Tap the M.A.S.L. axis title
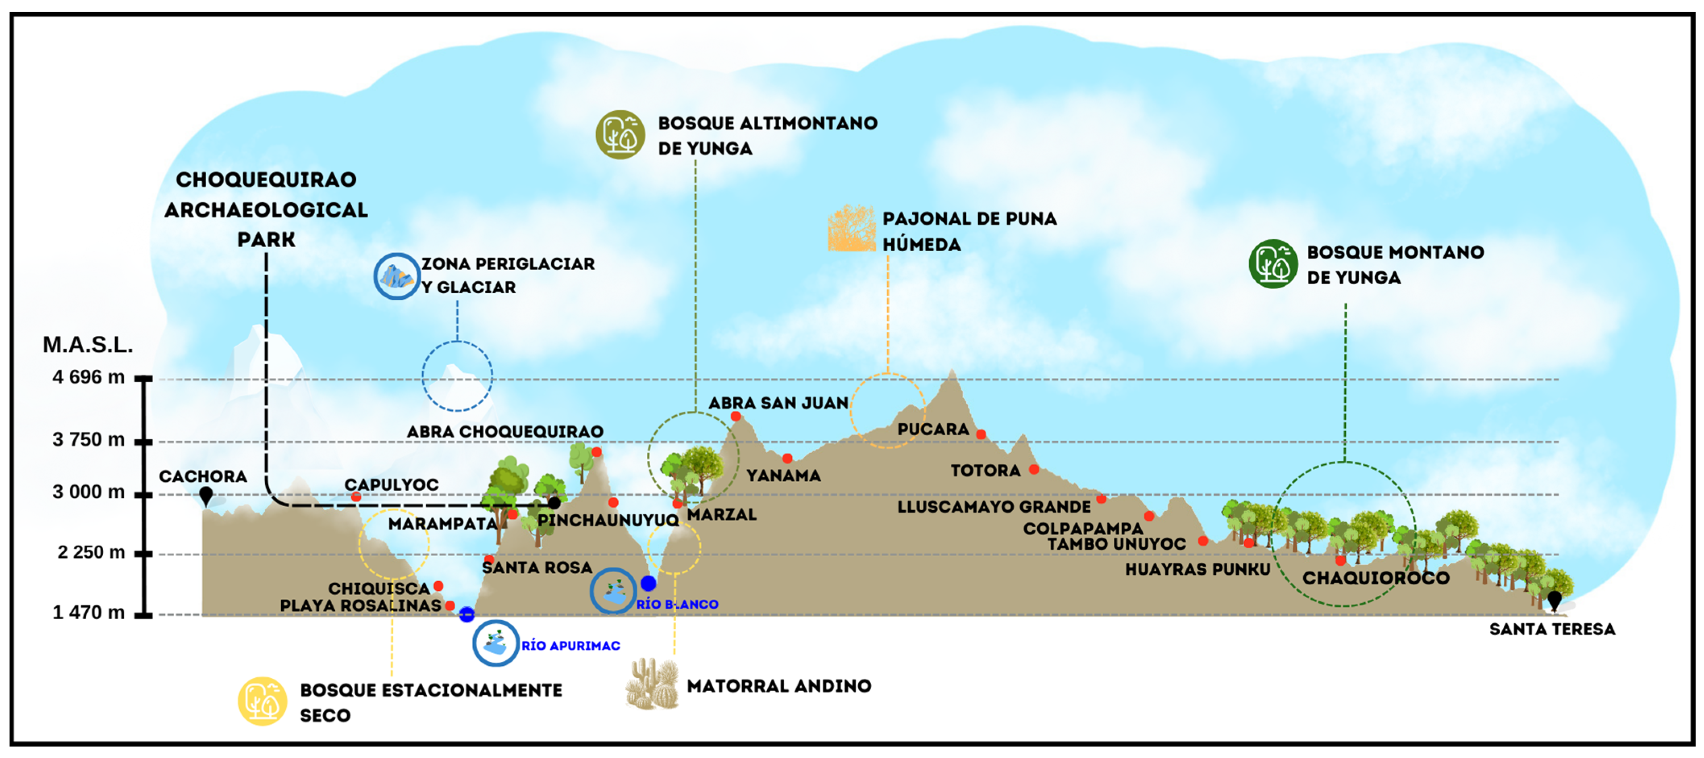[88, 345]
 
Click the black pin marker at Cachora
[206, 495]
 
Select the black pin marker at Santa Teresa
[1554, 601]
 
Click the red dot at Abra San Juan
[736, 416]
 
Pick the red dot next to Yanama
[787, 458]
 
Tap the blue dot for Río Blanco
[648, 583]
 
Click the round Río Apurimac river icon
[496, 643]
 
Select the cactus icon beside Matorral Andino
[653, 684]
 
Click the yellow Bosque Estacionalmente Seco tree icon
[263, 701]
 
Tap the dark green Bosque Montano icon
[1273, 264]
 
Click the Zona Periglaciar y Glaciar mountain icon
[397, 276]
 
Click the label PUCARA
[933, 429]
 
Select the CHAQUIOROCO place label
[1376, 578]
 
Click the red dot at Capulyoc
[356, 497]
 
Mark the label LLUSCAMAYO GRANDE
[994, 507]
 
